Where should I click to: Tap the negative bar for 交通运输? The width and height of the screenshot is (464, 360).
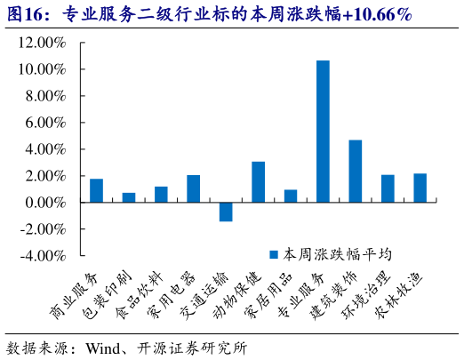click(226, 212)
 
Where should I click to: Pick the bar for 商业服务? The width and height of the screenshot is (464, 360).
click(96, 191)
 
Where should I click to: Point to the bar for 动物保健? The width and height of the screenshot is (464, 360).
click(258, 182)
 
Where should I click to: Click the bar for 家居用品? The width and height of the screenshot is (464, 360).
click(291, 196)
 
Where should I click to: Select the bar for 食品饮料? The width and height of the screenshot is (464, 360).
click(161, 195)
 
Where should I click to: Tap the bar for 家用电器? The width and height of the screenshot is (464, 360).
click(193, 189)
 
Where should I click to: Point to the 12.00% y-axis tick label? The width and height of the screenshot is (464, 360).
click(41, 43)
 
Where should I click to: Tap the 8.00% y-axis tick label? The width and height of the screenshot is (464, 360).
click(44, 96)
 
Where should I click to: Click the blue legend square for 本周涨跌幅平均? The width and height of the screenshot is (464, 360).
click(275, 254)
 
